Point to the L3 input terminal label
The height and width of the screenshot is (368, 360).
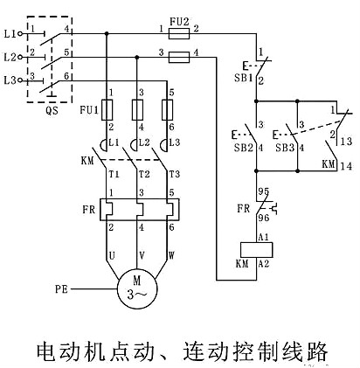pos(10,80)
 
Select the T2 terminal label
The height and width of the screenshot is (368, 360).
pos(144,174)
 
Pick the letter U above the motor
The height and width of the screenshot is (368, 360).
pos(111,255)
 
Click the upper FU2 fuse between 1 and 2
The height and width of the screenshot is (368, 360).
pos(179,32)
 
